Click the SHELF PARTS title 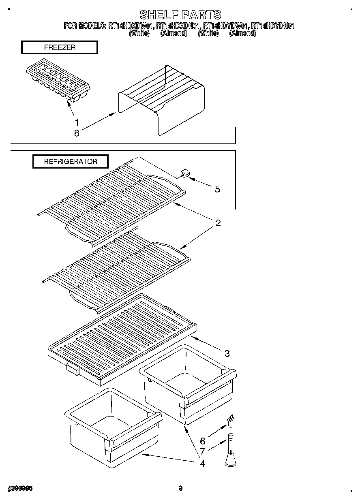[x=180, y=15]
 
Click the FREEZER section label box [x=59, y=47]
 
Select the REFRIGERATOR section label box [x=71, y=161]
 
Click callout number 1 [x=77, y=122]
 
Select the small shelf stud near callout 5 [x=184, y=174]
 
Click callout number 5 [x=217, y=189]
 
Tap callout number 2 [x=218, y=223]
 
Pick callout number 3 [x=227, y=354]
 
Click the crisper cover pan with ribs [x=122, y=338]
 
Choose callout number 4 [x=202, y=463]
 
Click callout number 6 [x=203, y=441]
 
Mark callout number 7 [x=203, y=451]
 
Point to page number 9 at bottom [x=181, y=489]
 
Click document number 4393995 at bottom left [x=20, y=489]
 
